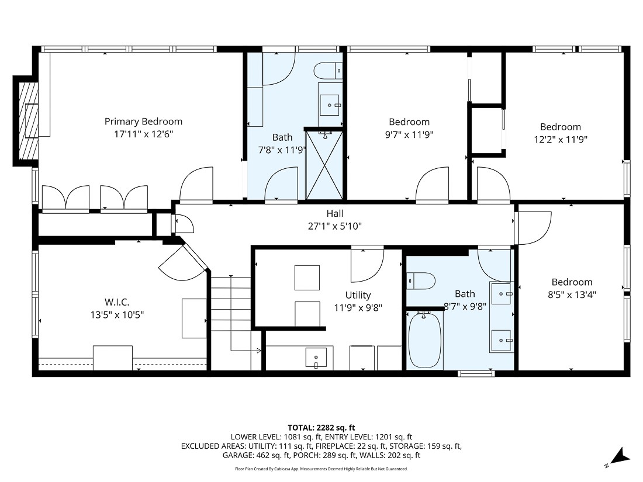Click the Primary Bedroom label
[x=143, y=122]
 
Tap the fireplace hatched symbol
[x=28, y=121]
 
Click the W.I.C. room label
[x=117, y=301]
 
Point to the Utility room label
[x=358, y=295]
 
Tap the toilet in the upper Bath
[x=328, y=71]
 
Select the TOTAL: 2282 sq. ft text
[x=321, y=427]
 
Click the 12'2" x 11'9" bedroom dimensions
[x=560, y=140]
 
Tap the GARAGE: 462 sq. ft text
[x=255, y=455]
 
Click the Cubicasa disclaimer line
[x=321, y=469]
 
